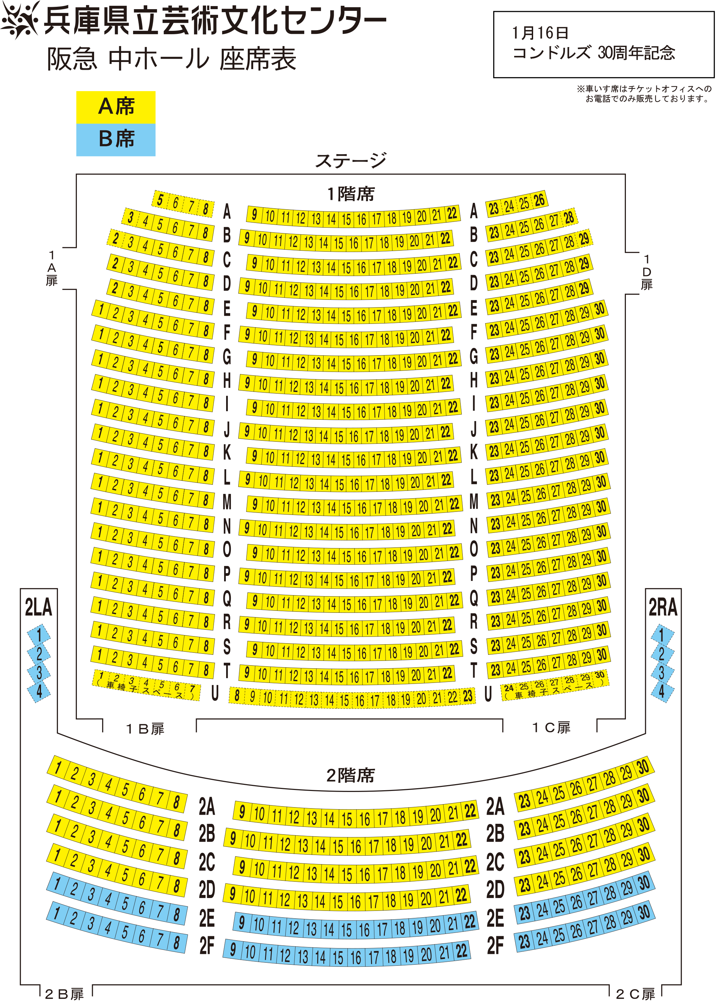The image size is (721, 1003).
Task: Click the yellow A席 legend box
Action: point(116,107)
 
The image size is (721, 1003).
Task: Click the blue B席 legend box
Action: point(116,140)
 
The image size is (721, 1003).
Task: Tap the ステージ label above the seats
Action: point(351,161)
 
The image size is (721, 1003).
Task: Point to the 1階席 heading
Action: point(351,194)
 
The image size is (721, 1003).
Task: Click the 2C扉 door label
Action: point(635,995)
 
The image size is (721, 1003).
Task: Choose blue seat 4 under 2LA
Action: point(39,691)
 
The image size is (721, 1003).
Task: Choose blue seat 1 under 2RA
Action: point(662,635)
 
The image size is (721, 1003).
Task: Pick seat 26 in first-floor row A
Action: point(539,200)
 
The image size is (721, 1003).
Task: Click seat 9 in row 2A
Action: point(242,812)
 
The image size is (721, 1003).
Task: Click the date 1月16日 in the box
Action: point(540,33)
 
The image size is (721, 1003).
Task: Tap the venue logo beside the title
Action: point(20,20)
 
